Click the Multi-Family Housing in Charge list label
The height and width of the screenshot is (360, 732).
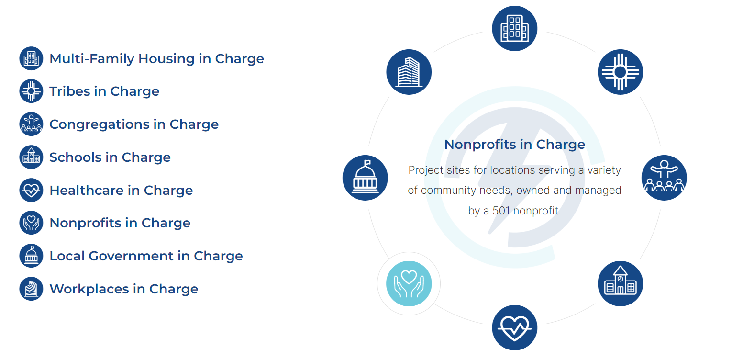[x=156, y=59]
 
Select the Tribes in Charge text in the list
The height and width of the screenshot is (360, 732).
[x=104, y=91]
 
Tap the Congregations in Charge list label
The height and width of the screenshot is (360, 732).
[x=134, y=124]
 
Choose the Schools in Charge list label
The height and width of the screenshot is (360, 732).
[x=110, y=157]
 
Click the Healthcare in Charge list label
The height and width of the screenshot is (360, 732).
[x=121, y=191]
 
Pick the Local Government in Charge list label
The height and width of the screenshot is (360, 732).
[x=146, y=256]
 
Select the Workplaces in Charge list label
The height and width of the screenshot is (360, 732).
[x=123, y=289]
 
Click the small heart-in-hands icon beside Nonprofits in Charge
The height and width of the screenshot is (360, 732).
[x=31, y=223]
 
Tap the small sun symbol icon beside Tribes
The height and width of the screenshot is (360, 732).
[x=31, y=91]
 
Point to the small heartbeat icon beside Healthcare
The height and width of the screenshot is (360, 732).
[x=31, y=190]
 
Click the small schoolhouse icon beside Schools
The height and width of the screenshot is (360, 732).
[x=31, y=157]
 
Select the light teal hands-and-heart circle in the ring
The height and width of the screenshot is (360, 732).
[x=409, y=283]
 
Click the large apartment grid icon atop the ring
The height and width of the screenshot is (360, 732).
[x=515, y=28]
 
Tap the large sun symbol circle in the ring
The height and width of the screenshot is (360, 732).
[x=620, y=72]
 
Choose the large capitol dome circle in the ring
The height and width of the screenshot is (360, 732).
[x=365, y=178]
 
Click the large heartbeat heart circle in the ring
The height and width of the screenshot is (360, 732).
[x=515, y=327]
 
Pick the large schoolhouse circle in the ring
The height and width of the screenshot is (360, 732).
[x=620, y=283]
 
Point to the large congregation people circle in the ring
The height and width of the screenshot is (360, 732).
[x=664, y=178]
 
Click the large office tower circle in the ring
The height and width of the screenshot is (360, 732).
[x=409, y=72]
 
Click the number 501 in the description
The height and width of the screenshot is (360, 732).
[x=501, y=211]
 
